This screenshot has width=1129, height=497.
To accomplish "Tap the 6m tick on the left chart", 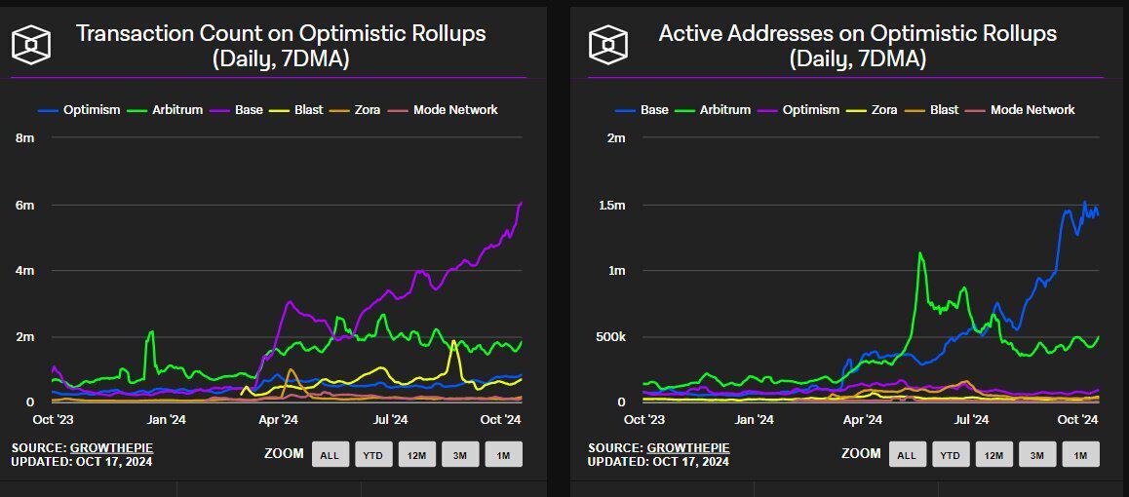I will [25, 205].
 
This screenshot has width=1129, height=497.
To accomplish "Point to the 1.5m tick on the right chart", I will [610, 205].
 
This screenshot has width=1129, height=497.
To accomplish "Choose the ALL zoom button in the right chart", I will [907, 454].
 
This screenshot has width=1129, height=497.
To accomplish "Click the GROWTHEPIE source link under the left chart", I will [111, 447].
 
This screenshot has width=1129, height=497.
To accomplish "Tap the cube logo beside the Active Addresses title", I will [607, 45].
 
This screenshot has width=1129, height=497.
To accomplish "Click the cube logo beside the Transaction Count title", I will [30, 45].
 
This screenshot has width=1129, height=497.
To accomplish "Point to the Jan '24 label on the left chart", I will [166, 420].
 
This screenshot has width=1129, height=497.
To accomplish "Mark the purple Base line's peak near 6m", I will [522, 203].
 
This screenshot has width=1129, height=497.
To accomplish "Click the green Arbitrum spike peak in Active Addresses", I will [918, 253].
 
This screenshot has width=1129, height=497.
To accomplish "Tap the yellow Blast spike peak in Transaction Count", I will [454, 341].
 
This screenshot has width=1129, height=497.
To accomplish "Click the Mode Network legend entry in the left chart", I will [455, 110].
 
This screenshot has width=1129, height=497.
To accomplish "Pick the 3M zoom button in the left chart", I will [460, 454].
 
